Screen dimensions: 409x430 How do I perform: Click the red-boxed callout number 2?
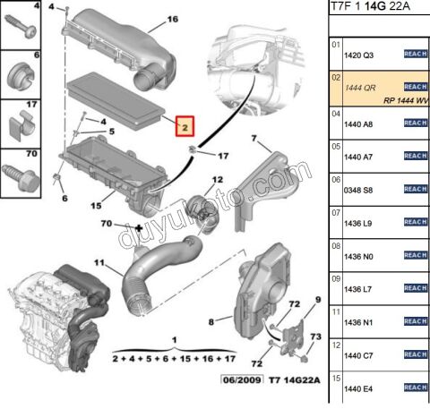184,127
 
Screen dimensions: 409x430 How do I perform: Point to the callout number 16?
173,19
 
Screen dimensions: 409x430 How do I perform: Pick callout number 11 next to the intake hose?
100,264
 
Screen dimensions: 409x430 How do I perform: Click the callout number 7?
254,138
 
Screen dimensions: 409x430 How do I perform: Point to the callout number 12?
218,180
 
